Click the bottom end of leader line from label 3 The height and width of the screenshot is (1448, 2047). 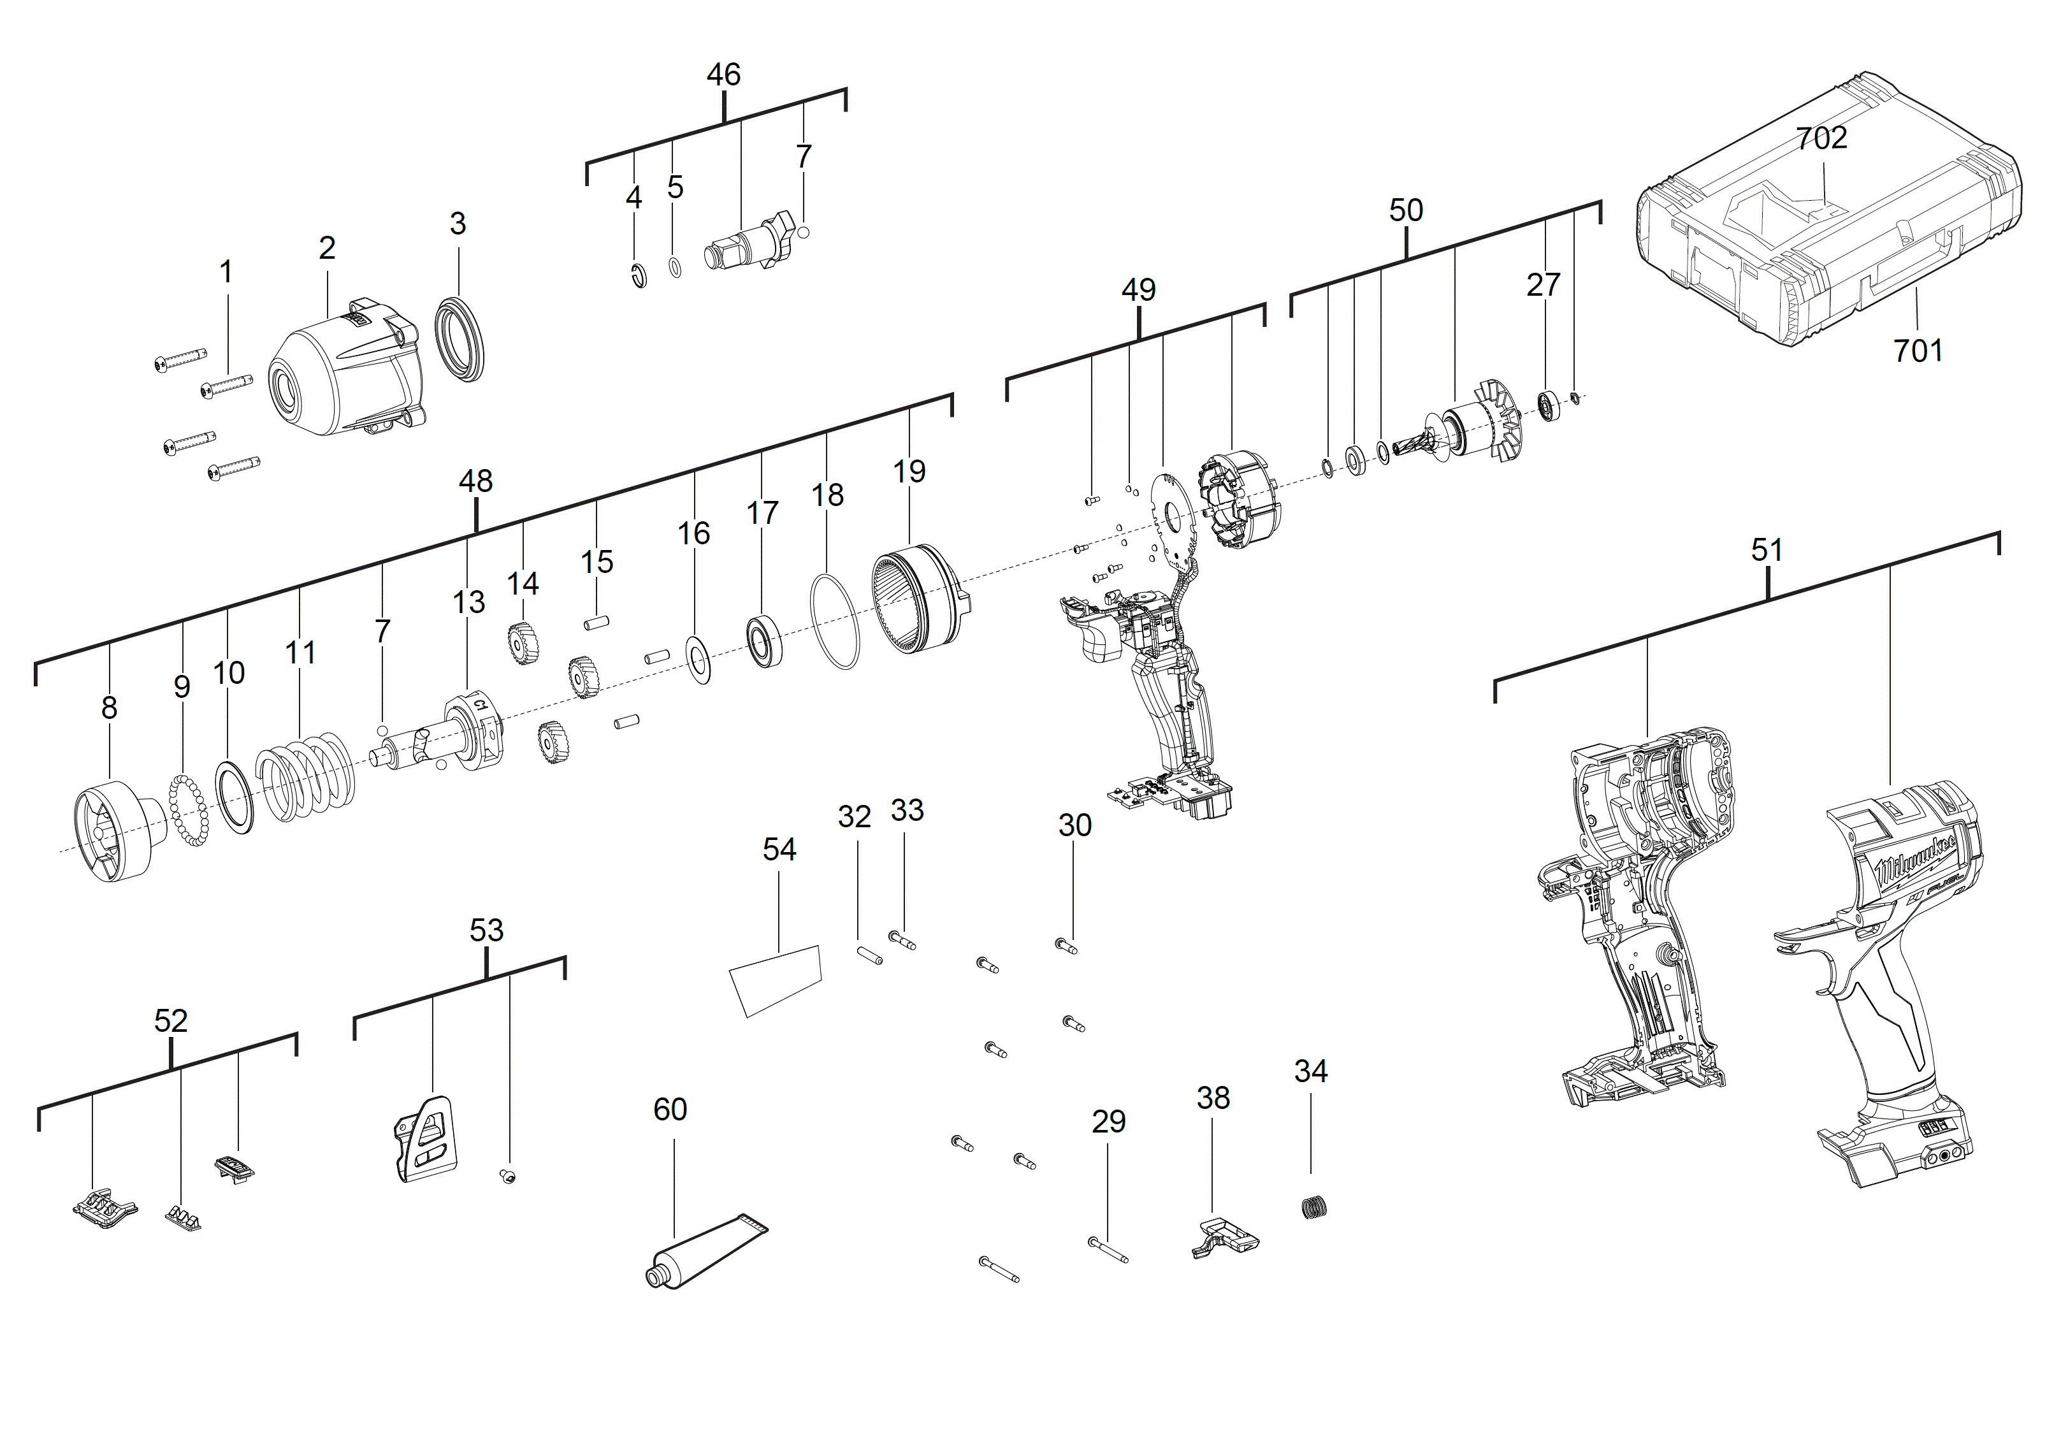(459, 295)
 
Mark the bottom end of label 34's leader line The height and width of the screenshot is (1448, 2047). (1310, 1173)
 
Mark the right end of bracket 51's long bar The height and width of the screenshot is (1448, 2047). (2000, 533)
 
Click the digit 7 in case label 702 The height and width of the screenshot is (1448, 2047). (1804, 138)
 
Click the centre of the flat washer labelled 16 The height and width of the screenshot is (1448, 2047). (700, 661)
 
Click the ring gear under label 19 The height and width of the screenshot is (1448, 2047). (920, 599)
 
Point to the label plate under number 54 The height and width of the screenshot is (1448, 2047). (776, 980)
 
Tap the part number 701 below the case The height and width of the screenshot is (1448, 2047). (1918, 351)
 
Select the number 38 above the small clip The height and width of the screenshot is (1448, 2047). (1213, 1097)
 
